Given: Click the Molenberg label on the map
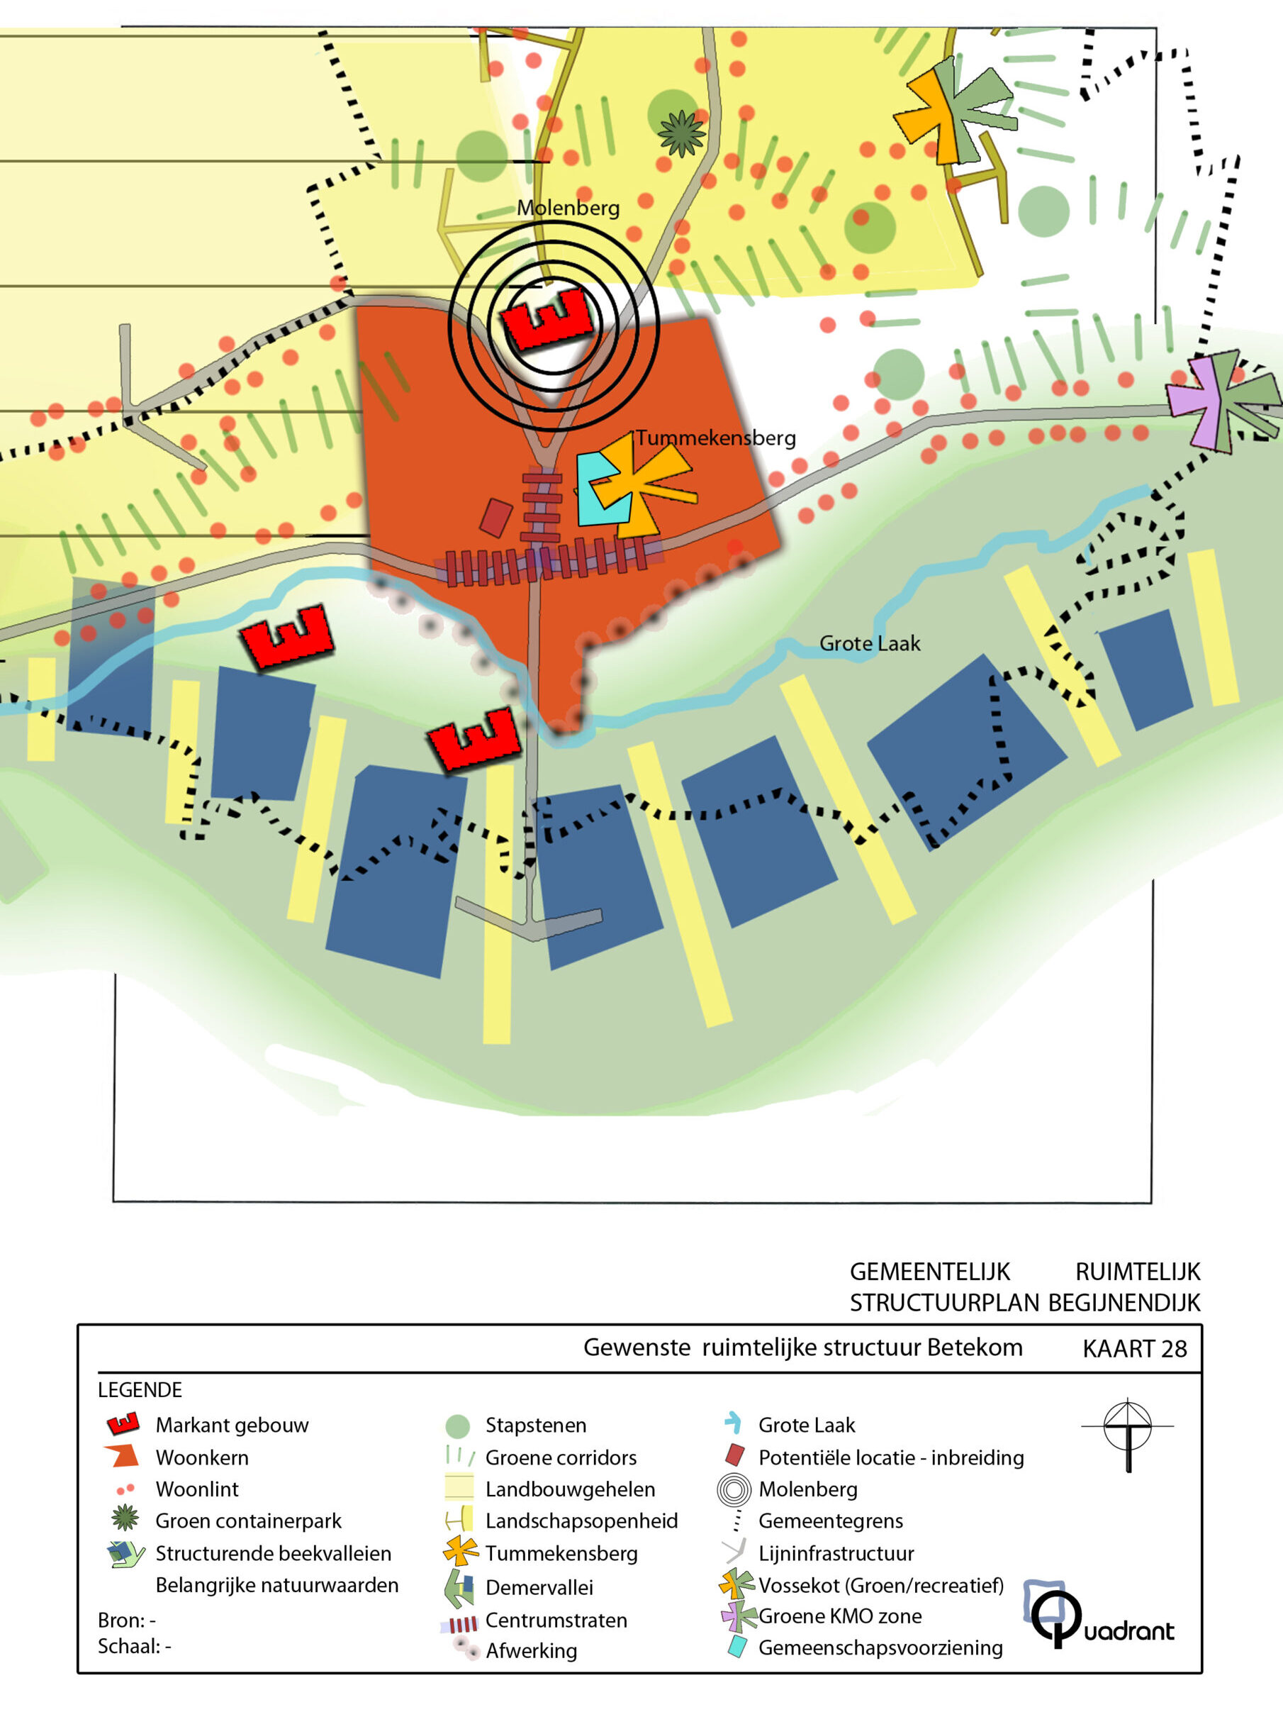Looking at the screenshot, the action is click(x=568, y=209).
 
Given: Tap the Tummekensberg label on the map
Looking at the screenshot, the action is click(x=716, y=438).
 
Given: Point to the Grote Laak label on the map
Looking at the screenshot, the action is click(x=870, y=643).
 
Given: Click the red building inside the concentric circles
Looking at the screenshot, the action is click(x=547, y=318).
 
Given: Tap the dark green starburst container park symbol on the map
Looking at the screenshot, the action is click(x=682, y=133).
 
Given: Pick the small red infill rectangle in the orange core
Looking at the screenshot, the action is click(x=495, y=518).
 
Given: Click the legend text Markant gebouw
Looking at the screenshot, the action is click(x=232, y=1425).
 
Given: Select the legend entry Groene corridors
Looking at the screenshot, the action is click(x=561, y=1457).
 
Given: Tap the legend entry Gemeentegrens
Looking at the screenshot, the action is click(x=831, y=1521).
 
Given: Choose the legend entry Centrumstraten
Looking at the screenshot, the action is click(x=556, y=1621).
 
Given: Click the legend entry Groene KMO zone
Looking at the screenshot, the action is click(x=840, y=1616).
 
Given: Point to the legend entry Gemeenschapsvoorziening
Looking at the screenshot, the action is click(x=880, y=1647).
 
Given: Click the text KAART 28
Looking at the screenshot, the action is click(x=1135, y=1349).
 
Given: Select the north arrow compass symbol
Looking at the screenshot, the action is click(x=1128, y=1434).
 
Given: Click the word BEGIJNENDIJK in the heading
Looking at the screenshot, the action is click(x=1124, y=1302).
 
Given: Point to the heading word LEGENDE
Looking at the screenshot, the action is click(x=140, y=1390).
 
